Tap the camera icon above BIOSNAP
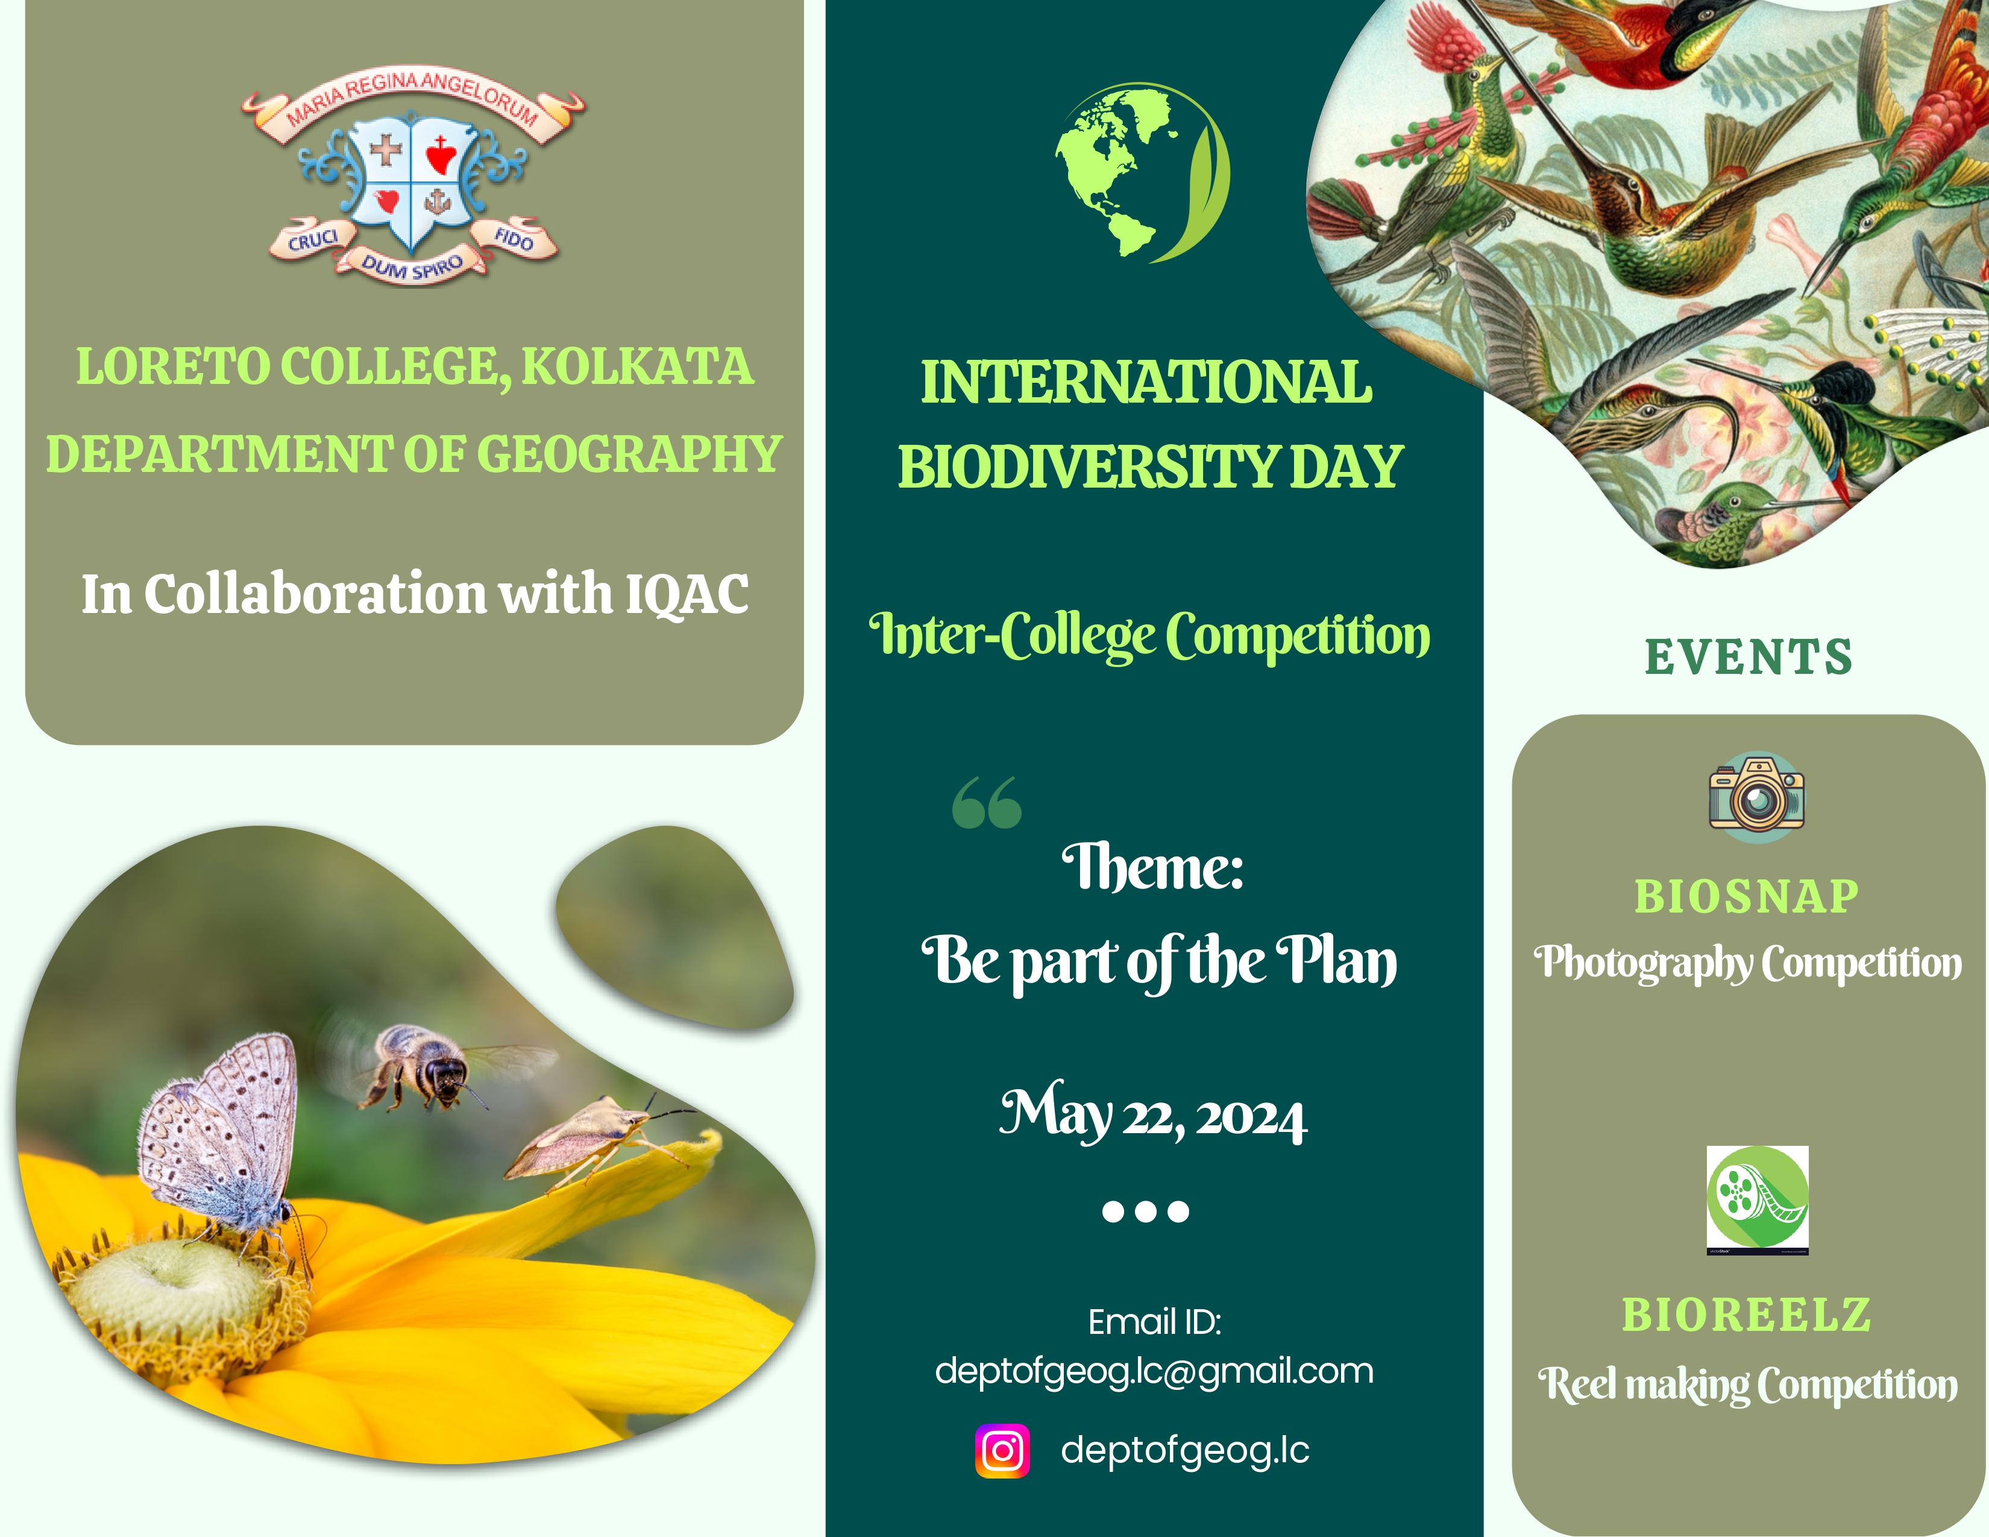pyautogui.click(x=1757, y=797)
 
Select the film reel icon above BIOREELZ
pyautogui.click(x=1757, y=1199)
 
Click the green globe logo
pyautogui.click(x=1142, y=173)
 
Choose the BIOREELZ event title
pyautogui.click(x=1747, y=1314)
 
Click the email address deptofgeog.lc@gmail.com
pyautogui.click(x=1154, y=1371)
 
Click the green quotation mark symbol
pyautogui.click(x=986, y=802)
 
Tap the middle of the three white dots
pyautogui.click(x=1146, y=1211)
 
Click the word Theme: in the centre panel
pyautogui.click(x=1153, y=867)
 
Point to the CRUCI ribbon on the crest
pyautogui.click(x=312, y=239)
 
